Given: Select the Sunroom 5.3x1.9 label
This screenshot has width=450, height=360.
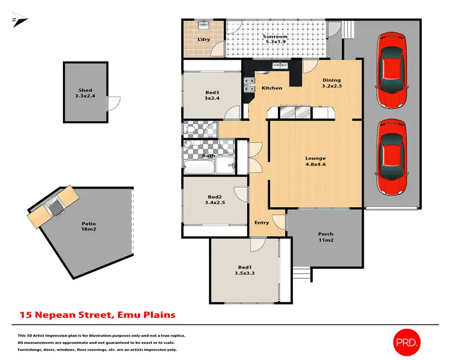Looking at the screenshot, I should pyautogui.click(x=275, y=40).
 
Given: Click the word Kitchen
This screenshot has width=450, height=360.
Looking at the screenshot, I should pyautogui.click(x=272, y=88).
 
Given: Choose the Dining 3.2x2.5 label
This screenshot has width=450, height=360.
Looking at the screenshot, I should pyautogui.click(x=331, y=83).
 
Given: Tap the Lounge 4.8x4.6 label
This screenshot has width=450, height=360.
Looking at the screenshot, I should pyautogui.click(x=316, y=162).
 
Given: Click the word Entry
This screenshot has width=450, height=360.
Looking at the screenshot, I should pyautogui.click(x=262, y=223).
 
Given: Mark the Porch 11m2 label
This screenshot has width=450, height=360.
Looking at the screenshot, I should pyautogui.click(x=326, y=237).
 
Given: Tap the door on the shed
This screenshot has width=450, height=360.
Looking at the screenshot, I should pyautogui.click(x=110, y=104).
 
